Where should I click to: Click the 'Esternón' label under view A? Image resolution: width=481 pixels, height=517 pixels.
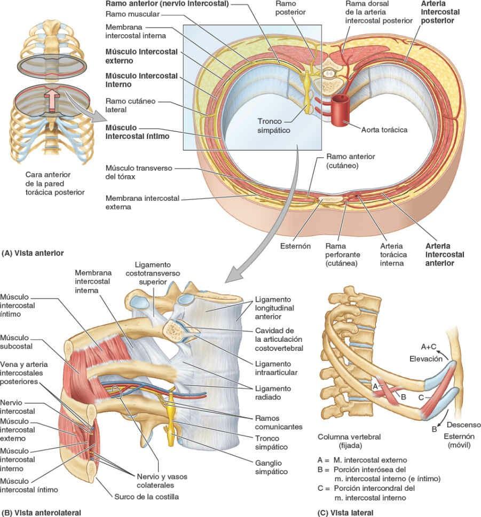[295, 247]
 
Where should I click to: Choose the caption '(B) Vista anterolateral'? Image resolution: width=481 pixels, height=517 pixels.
[41, 512]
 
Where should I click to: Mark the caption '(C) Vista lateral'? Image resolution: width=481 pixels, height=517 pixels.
[346, 512]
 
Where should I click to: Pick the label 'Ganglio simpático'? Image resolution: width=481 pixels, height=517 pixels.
[271, 467]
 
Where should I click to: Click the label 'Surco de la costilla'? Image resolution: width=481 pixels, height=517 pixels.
[146, 496]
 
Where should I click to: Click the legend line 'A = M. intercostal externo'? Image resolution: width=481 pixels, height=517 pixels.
[361, 459]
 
